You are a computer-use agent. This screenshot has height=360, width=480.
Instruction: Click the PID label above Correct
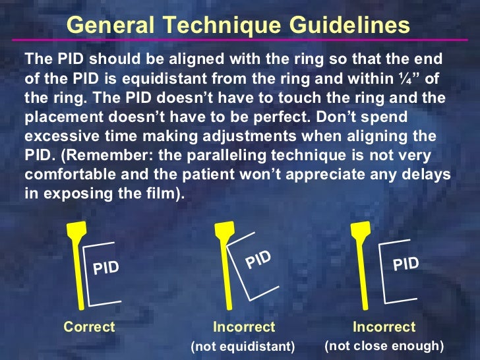click(x=106, y=268)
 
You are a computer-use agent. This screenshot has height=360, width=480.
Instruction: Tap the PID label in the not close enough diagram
click(x=406, y=264)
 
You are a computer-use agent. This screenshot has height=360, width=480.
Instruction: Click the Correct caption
click(x=89, y=326)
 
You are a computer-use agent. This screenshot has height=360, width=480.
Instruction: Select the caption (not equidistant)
click(x=243, y=346)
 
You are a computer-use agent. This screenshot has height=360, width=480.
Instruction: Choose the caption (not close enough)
click(x=384, y=345)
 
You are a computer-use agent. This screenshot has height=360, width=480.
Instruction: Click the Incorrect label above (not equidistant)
click(x=244, y=326)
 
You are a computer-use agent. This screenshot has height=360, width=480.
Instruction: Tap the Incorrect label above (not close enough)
click(x=384, y=326)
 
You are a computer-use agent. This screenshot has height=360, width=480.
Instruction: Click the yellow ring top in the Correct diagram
click(x=74, y=231)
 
